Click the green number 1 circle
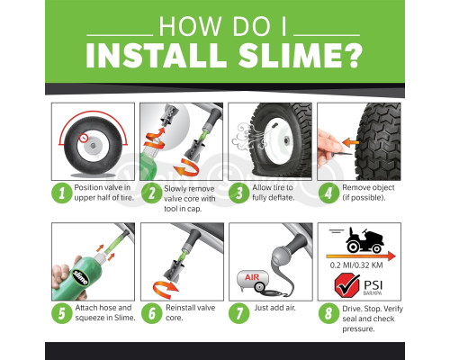(60, 192)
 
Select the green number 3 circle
(238, 192)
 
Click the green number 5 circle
(60, 311)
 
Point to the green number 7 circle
(238, 311)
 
